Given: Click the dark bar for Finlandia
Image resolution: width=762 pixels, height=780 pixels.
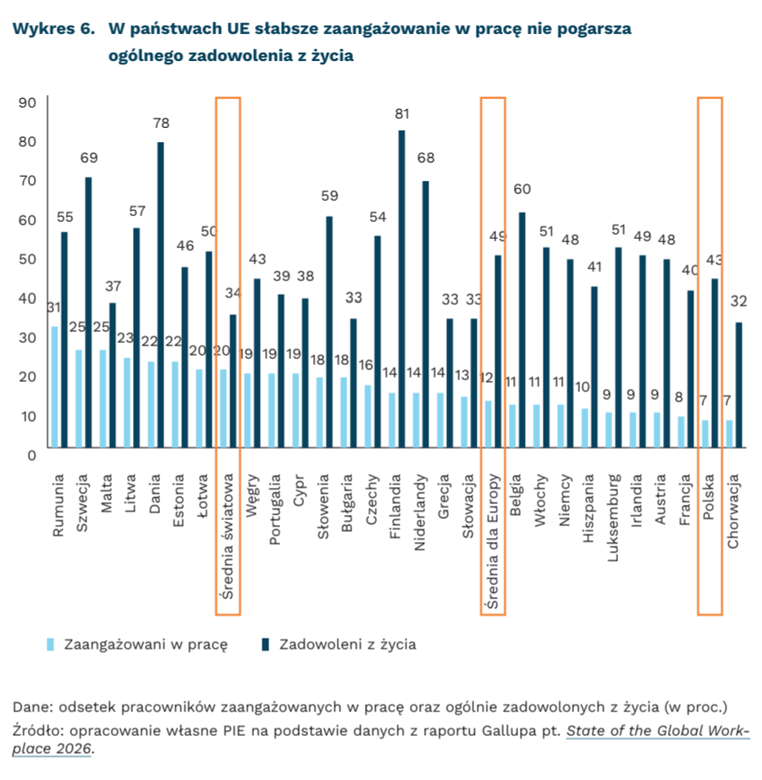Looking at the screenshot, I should (402, 289).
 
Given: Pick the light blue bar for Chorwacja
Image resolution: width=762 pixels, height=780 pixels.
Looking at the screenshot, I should (729, 434).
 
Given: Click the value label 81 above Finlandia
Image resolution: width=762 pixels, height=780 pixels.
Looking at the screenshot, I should (402, 113).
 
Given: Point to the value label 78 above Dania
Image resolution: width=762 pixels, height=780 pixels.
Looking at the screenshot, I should (161, 124).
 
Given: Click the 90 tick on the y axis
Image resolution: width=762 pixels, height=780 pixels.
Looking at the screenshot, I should (27, 102).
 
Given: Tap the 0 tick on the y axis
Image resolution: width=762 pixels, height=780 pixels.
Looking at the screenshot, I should (30, 455).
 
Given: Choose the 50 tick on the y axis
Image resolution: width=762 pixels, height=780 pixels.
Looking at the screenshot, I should (27, 259).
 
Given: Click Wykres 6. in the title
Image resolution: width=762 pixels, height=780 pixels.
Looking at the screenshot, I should (52, 29).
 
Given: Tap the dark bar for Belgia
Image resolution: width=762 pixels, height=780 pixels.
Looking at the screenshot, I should (522, 329).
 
